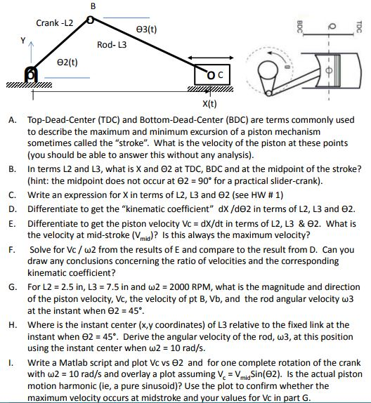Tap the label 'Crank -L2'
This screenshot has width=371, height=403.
tap(54, 23)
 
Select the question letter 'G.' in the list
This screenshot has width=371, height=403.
tap(13, 287)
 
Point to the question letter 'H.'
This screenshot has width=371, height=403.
tap(13, 324)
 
